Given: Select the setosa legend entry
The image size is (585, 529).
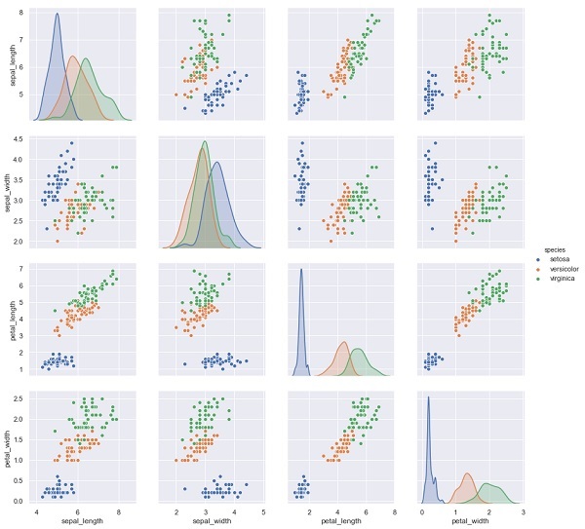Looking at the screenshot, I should [556, 258].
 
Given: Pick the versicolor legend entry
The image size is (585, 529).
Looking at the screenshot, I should [560, 268].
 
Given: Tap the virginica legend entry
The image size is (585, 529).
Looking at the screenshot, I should [558, 278].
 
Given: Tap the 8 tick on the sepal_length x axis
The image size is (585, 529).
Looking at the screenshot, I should [118, 510].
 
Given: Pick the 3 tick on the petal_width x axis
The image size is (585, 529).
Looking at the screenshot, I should [523, 510].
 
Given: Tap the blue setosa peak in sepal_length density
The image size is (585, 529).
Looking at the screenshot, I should [57, 16].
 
